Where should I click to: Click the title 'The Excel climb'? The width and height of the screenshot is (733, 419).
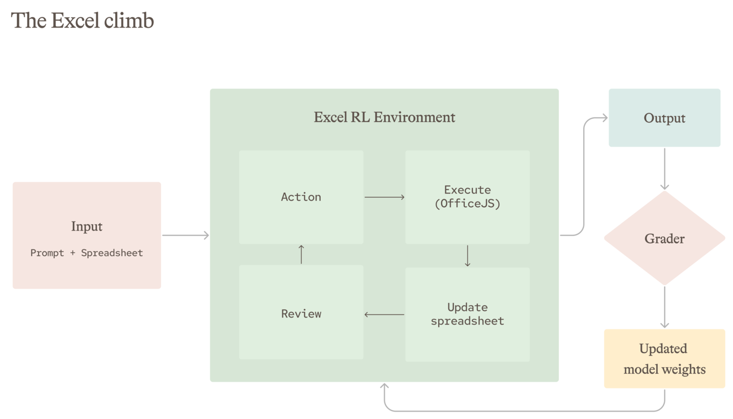click(x=82, y=20)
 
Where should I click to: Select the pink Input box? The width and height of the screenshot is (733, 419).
click(x=87, y=235)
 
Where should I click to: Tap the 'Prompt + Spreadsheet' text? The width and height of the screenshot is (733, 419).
click(x=87, y=253)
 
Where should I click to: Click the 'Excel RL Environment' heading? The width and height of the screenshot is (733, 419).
click(x=384, y=117)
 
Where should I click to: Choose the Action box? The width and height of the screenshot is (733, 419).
click(x=301, y=197)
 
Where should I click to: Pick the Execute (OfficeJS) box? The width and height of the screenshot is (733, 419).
click(x=467, y=197)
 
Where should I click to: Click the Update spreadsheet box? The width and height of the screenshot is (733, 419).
click(x=467, y=315)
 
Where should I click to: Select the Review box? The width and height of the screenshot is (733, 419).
click(x=301, y=312)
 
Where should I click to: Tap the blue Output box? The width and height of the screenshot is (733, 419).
click(x=665, y=118)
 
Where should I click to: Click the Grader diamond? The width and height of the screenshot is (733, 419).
click(x=665, y=238)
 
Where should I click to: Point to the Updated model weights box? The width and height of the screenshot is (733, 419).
click(x=665, y=359)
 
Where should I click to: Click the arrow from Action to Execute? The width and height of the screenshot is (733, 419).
click(x=384, y=197)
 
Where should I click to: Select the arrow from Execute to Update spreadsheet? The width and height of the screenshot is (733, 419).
click(x=468, y=256)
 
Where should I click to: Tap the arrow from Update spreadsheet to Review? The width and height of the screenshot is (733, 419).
click(x=384, y=315)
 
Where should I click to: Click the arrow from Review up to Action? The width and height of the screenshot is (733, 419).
click(x=301, y=255)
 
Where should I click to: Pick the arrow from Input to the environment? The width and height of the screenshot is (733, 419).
click(x=185, y=235)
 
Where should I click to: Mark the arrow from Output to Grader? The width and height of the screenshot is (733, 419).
click(x=665, y=169)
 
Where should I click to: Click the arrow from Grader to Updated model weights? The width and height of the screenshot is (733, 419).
click(x=665, y=308)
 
